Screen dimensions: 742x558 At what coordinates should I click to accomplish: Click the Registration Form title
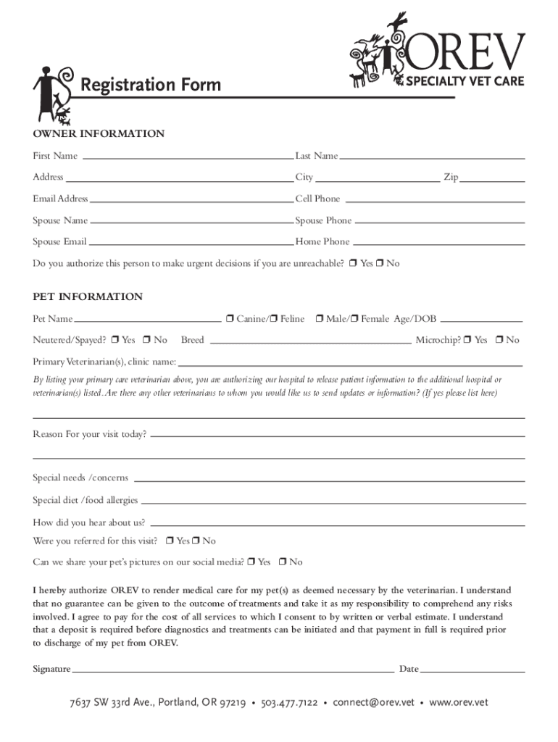[x=151, y=86]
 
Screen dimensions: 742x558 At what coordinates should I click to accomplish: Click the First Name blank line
[x=185, y=157]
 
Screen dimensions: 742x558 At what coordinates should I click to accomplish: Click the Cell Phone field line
[x=433, y=199]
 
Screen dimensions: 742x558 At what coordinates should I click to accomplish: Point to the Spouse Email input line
[x=190, y=242]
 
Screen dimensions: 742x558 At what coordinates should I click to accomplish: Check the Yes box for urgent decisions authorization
[x=353, y=264]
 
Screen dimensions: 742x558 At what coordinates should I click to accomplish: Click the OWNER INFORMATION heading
[x=99, y=134]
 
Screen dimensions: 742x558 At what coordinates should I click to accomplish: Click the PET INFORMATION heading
[x=88, y=297]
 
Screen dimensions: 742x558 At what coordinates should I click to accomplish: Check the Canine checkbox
[x=229, y=319]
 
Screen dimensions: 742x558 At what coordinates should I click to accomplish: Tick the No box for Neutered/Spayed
[x=147, y=340]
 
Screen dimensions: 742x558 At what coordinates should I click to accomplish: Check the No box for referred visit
[x=196, y=541]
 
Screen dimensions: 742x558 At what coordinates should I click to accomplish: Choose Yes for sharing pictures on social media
[x=251, y=562]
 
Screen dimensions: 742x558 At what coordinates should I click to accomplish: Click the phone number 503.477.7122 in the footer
[x=289, y=703]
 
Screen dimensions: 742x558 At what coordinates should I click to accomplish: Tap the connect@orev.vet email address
[x=373, y=703]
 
